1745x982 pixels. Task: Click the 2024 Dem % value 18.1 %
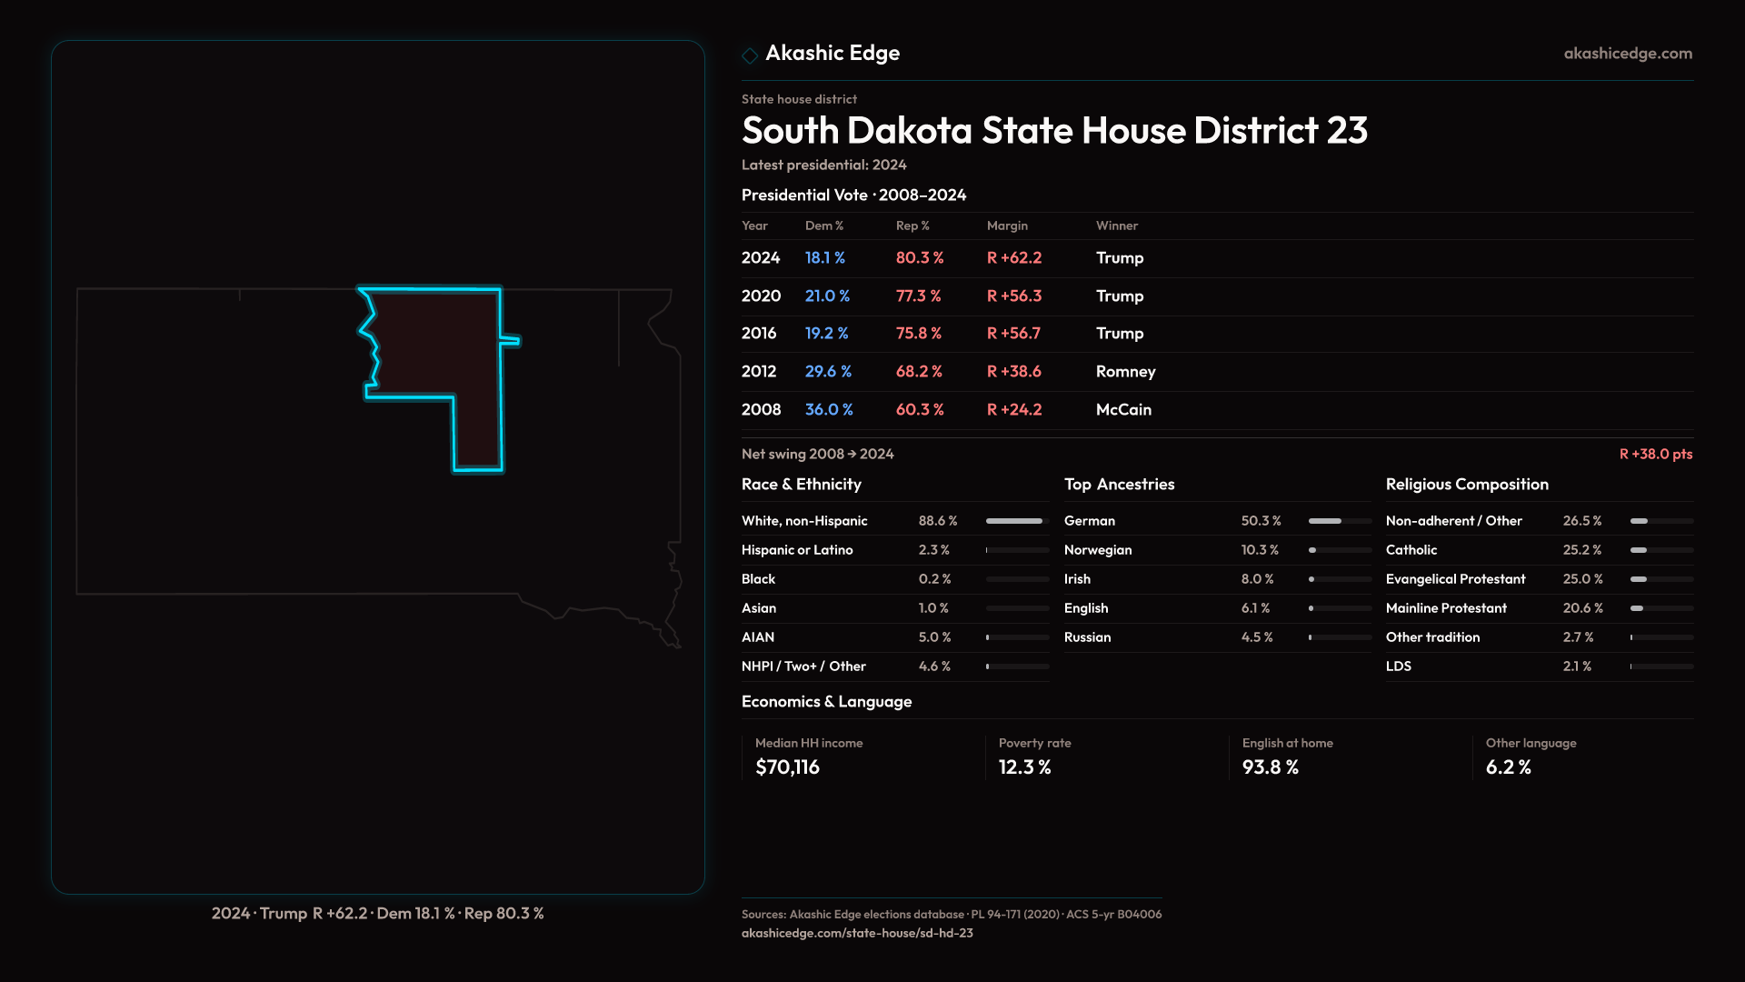[x=824, y=258]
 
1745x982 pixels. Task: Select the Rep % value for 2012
[x=919, y=372]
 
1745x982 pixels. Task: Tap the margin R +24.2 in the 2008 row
[x=1014, y=410]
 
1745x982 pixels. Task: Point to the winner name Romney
[x=1125, y=372]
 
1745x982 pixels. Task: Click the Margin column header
[x=1007, y=225]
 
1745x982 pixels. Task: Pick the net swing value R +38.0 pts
[x=1655, y=454]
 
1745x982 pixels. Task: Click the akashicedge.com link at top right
[x=1628, y=54]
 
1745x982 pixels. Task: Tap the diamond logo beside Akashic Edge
[x=750, y=55]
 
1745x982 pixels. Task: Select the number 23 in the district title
[x=1346, y=131]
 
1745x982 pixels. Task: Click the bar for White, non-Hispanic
[x=1014, y=521]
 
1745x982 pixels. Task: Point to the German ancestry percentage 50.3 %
[x=1261, y=521]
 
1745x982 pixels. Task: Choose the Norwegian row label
[x=1098, y=550]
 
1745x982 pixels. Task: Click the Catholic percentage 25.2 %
[x=1582, y=550]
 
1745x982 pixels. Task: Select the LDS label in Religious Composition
[x=1399, y=666]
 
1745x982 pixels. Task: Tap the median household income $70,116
[x=787, y=767]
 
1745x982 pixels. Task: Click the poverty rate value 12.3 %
[x=1024, y=767]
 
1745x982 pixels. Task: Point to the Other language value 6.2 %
[x=1508, y=767]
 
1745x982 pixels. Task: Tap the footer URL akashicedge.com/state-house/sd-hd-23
[x=857, y=933]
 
